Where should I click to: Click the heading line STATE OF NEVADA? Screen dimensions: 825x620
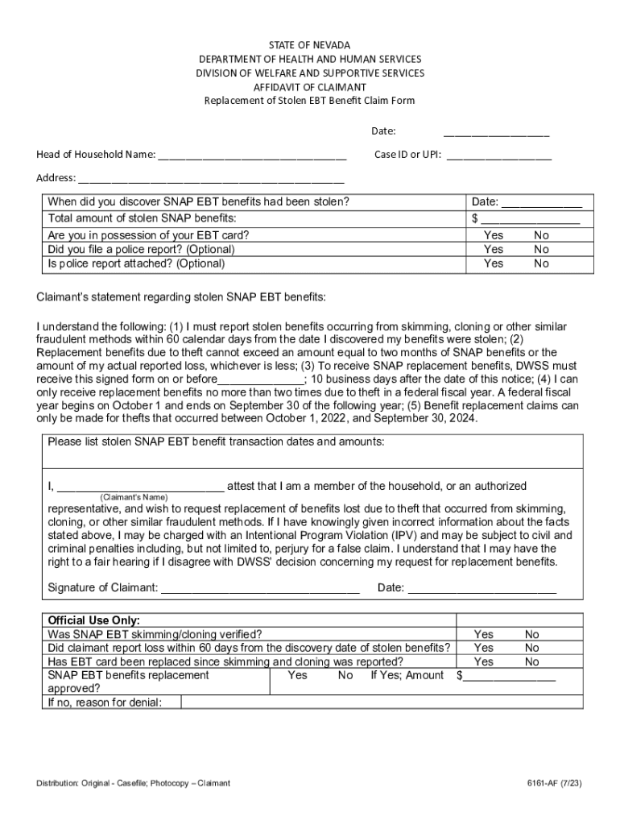(x=310, y=45)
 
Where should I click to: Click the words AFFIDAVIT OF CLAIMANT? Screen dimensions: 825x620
(x=310, y=87)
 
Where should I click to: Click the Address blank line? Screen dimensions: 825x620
(x=211, y=180)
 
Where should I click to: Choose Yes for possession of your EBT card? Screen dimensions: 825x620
(x=493, y=235)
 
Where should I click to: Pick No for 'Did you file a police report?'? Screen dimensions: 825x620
(x=541, y=250)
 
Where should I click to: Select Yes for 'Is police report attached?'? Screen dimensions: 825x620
(x=493, y=263)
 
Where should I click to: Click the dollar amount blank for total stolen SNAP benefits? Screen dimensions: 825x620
(x=531, y=220)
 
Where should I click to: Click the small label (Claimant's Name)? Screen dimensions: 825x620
(x=134, y=497)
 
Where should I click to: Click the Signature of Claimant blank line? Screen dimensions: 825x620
(x=260, y=589)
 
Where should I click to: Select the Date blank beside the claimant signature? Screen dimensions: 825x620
(x=482, y=589)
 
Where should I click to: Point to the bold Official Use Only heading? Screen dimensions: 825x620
(x=94, y=620)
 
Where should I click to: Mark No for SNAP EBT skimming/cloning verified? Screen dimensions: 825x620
(x=532, y=635)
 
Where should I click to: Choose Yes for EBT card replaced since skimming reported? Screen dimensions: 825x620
(x=483, y=662)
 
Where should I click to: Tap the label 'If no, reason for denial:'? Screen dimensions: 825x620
(x=105, y=703)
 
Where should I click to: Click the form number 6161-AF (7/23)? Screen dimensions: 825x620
(x=553, y=783)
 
